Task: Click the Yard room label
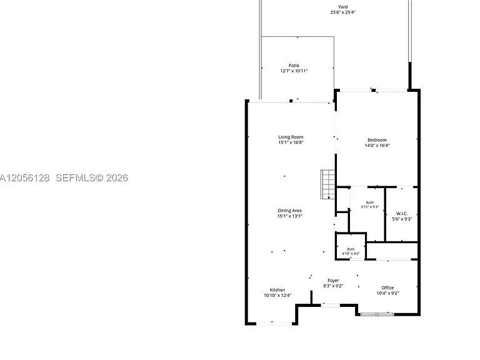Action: pyautogui.click(x=343, y=7)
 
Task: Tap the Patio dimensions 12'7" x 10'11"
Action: pyautogui.click(x=294, y=71)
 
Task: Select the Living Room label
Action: pyautogui.click(x=291, y=137)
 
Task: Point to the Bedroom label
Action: pyautogui.click(x=377, y=140)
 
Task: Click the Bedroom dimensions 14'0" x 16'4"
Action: pyautogui.click(x=377, y=146)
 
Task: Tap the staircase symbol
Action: pyautogui.click(x=328, y=184)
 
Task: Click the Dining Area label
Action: pyautogui.click(x=289, y=211)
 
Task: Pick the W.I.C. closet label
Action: pyautogui.click(x=402, y=214)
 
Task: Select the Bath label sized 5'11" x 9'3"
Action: pyautogui.click(x=370, y=202)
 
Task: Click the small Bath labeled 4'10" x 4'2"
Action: pyautogui.click(x=351, y=249)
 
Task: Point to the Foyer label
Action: pyautogui.click(x=333, y=281)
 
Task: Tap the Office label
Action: pyautogui.click(x=387, y=287)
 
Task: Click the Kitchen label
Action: pyautogui.click(x=277, y=290)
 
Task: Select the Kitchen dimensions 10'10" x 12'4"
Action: pyautogui.click(x=277, y=296)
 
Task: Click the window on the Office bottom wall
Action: pyautogui.click(x=377, y=314)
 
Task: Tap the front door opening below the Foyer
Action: pyautogui.click(x=330, y=305)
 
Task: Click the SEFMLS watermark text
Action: pyautogui.click(x=92, y=178)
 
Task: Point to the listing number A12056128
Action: pyautogui.click(x=24, y=178)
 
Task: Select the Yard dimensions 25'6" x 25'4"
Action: pyautogui.click(x=343, y=12)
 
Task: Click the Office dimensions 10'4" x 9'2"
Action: pyautogui.click(x=387, y=293)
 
